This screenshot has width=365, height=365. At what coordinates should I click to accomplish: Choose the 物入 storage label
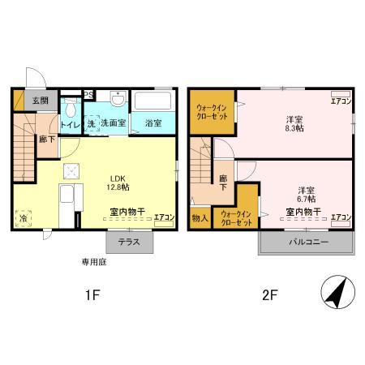point(200,217)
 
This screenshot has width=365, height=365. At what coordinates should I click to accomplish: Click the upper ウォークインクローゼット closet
point(209,111)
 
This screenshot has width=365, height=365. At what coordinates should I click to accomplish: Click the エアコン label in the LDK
point(164,218)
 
